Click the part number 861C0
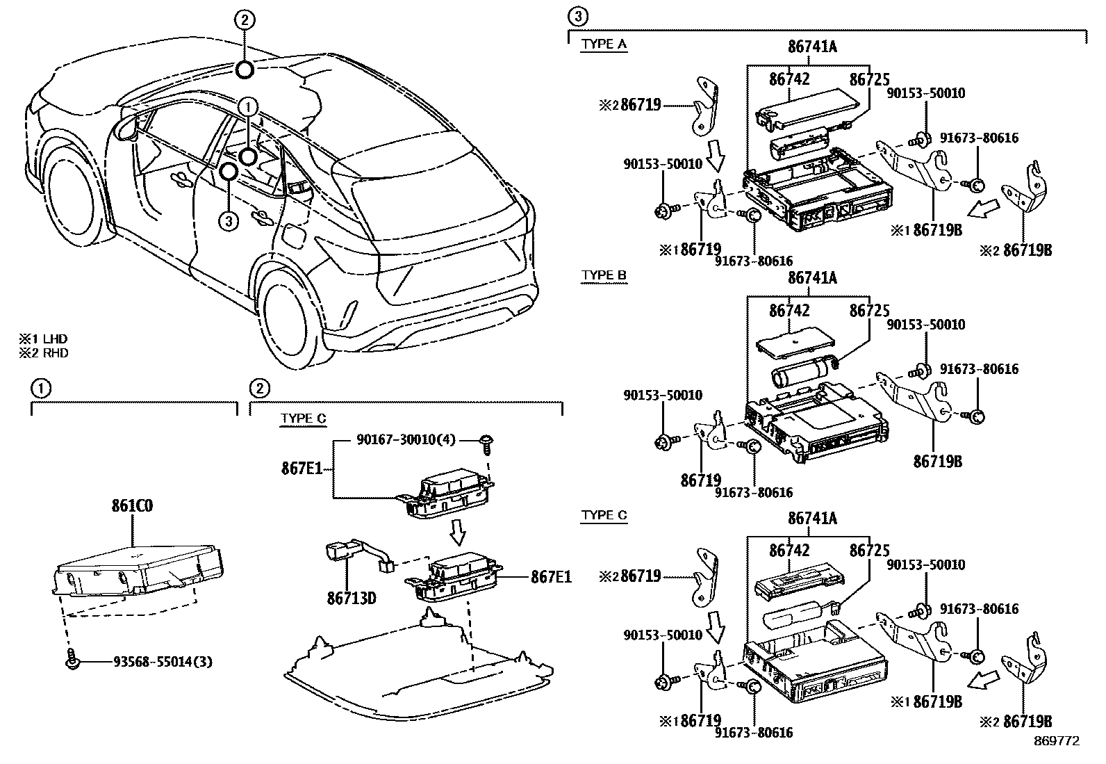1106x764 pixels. [132, 505]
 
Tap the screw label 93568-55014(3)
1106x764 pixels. [163, 662]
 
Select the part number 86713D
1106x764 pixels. [351, 596]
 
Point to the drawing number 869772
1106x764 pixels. [1056, 741]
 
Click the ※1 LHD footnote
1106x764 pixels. [43, 339]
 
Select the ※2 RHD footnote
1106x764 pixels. [43, 352]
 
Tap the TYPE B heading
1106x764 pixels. [603, 275]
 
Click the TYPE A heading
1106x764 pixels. [603, 44]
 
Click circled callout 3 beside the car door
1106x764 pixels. [228, 221]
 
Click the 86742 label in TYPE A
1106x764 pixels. [789, 80]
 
